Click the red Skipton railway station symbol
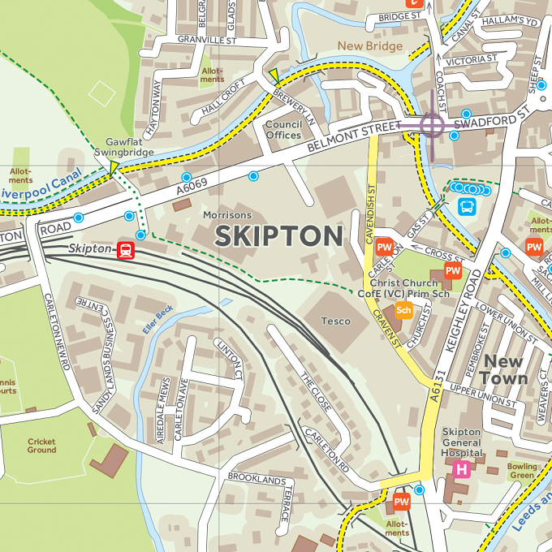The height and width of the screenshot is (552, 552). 126,249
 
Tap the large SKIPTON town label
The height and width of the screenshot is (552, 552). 278,236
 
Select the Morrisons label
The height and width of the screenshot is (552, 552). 226,214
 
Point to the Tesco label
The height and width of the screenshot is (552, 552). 335,321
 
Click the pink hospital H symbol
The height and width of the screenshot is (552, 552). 461,469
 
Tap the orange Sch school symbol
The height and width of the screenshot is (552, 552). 403,309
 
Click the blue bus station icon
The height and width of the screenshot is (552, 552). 467,206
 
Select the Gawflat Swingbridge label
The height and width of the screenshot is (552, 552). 123,147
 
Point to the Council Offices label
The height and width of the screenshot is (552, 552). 284,130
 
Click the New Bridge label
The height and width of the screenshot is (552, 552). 369,46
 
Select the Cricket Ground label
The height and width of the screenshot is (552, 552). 41,446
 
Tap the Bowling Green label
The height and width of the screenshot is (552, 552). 522,471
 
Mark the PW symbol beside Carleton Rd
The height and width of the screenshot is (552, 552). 401,502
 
